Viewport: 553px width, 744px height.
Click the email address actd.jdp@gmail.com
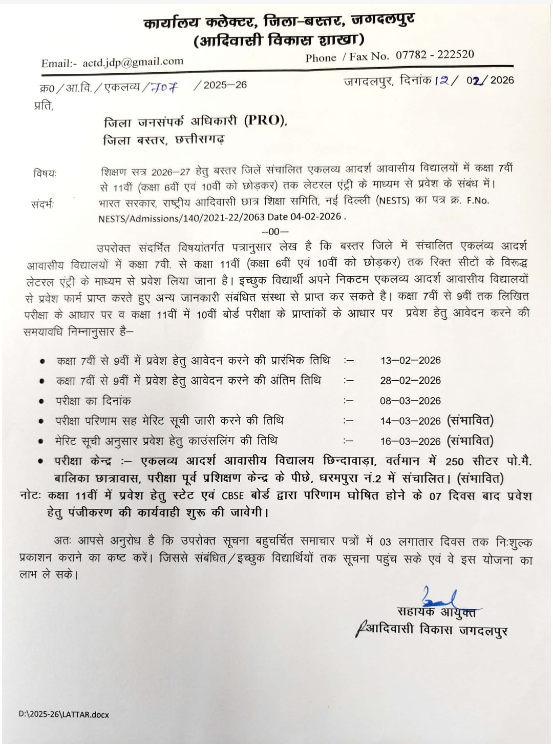(x=133, y=62)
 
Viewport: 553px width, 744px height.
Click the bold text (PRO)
(x=265, y=120)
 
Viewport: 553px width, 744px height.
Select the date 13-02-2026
(x=410, y=360)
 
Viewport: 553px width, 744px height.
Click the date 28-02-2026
(x=410, y=380)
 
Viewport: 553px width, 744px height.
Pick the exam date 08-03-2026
(x=410, y=401)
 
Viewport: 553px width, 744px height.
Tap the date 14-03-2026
(x=410, y=421)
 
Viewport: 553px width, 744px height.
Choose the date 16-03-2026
(x=410, y=441)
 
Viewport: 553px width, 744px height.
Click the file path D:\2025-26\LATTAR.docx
(x=63, y=714)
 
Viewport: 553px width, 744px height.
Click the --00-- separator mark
(x=275, y=231)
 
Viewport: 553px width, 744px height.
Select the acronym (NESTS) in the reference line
(x=393, y=201)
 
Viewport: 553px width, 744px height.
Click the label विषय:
(x=45, y=173)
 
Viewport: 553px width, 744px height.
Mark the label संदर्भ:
(x=42, y=204)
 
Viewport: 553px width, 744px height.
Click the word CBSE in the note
(x=233, y=495)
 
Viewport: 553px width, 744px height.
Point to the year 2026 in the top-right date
(x=501, y=80)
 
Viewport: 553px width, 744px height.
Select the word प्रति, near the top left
(x=44, y=106)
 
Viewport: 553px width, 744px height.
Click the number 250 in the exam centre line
(x=454, y=461)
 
